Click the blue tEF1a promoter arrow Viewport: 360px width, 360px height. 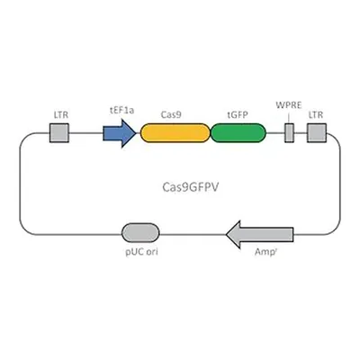click(119, 133)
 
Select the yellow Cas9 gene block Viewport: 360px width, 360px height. click(175, 133)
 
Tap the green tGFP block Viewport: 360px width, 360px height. click(238, 133)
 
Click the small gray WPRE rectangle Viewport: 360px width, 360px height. click(289, 133)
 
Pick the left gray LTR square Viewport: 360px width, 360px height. click(59, 133)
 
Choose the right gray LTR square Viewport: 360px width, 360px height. click(317, 133)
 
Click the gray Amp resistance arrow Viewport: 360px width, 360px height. click(260, 235)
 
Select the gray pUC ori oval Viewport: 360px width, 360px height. click(140, 232)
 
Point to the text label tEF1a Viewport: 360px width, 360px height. click(121, 111)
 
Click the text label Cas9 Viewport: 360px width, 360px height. click(171, 114)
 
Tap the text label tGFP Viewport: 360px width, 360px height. click(238, 115)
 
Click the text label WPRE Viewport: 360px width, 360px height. click(289, 105)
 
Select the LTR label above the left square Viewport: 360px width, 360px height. click(61, 115)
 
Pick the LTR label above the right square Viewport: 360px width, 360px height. click(316, 115)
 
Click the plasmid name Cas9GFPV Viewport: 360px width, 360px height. click(191, 187)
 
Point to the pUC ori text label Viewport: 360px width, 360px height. click(141, 252)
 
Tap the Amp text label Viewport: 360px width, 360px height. click(265, 252)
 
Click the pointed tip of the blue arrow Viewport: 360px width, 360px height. click(136, 133)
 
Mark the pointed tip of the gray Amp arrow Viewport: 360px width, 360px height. click(227, 235)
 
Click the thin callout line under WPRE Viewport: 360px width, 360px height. click(289, 118)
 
